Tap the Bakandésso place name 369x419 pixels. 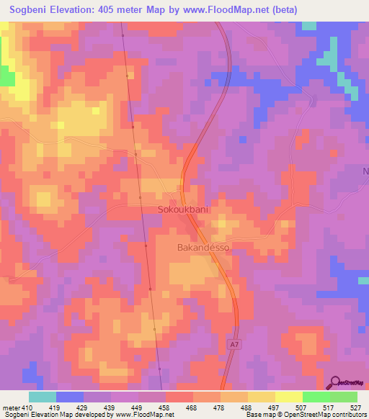pos(203,247)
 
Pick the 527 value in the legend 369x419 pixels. pos(357,407)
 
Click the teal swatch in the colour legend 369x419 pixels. pos(43,397)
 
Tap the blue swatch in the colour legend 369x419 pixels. pos(70,397)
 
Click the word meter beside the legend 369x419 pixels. pos(12,407)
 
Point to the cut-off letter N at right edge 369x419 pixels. pos(365,171)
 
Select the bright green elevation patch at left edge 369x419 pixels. pos(6,76)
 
